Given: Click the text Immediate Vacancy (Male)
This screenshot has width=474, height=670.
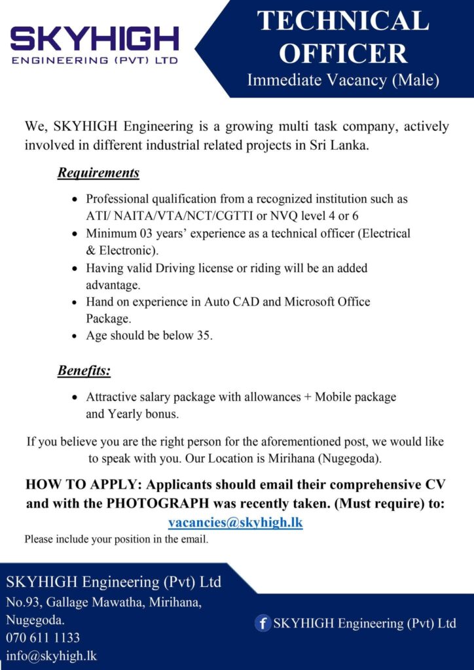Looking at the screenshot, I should pos(343,80).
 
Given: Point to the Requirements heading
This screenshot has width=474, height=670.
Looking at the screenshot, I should pos(98,173).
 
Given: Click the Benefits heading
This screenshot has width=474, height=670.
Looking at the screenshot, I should pos(84,371).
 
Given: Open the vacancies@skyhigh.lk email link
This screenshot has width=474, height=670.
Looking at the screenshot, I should pos(236,523).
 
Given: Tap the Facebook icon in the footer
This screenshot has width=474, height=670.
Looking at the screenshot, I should pos(263,624).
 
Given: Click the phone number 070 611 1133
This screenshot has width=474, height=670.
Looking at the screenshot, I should pos(43,637).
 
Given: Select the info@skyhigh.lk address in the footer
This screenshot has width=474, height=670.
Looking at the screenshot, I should pos(52,656).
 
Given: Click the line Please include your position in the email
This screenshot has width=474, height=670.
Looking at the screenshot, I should pos(117,540).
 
